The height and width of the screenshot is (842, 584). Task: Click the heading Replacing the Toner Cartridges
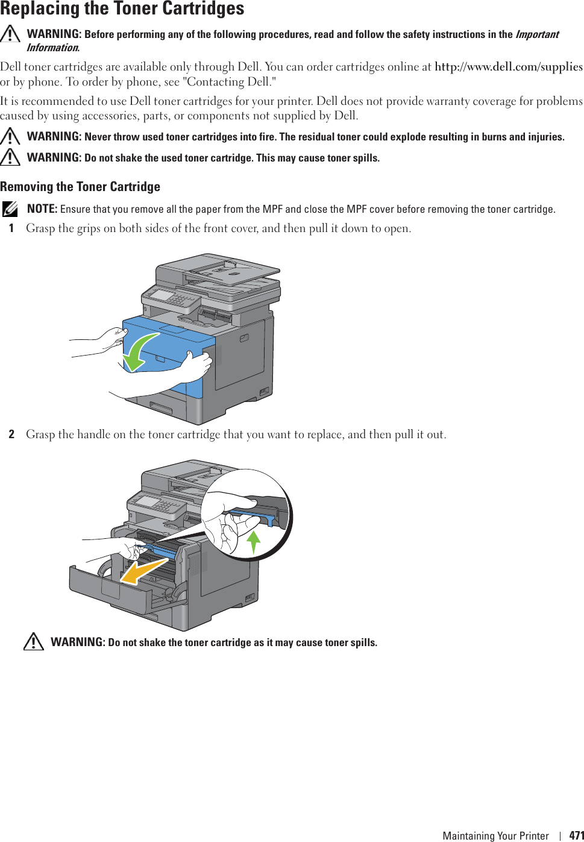point(122,9)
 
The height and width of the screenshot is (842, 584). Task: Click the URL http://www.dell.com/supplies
point(508,67)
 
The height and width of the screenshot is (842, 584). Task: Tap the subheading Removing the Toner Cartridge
point(80,187)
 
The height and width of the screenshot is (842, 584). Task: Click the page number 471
point(576,835)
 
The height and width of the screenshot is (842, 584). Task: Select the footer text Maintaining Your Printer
point(495,835)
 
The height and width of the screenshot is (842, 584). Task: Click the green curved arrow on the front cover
point(139,353)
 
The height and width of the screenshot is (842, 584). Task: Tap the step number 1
point(11,228)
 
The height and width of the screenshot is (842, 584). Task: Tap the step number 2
point(11,435)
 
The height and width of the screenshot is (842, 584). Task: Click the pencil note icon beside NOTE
point(10,209)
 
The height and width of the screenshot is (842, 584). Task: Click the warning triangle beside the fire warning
point(10,136)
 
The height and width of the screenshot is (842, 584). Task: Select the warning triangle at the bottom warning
point(34,641)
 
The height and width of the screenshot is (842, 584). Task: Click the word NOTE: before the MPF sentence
point(42,209)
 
